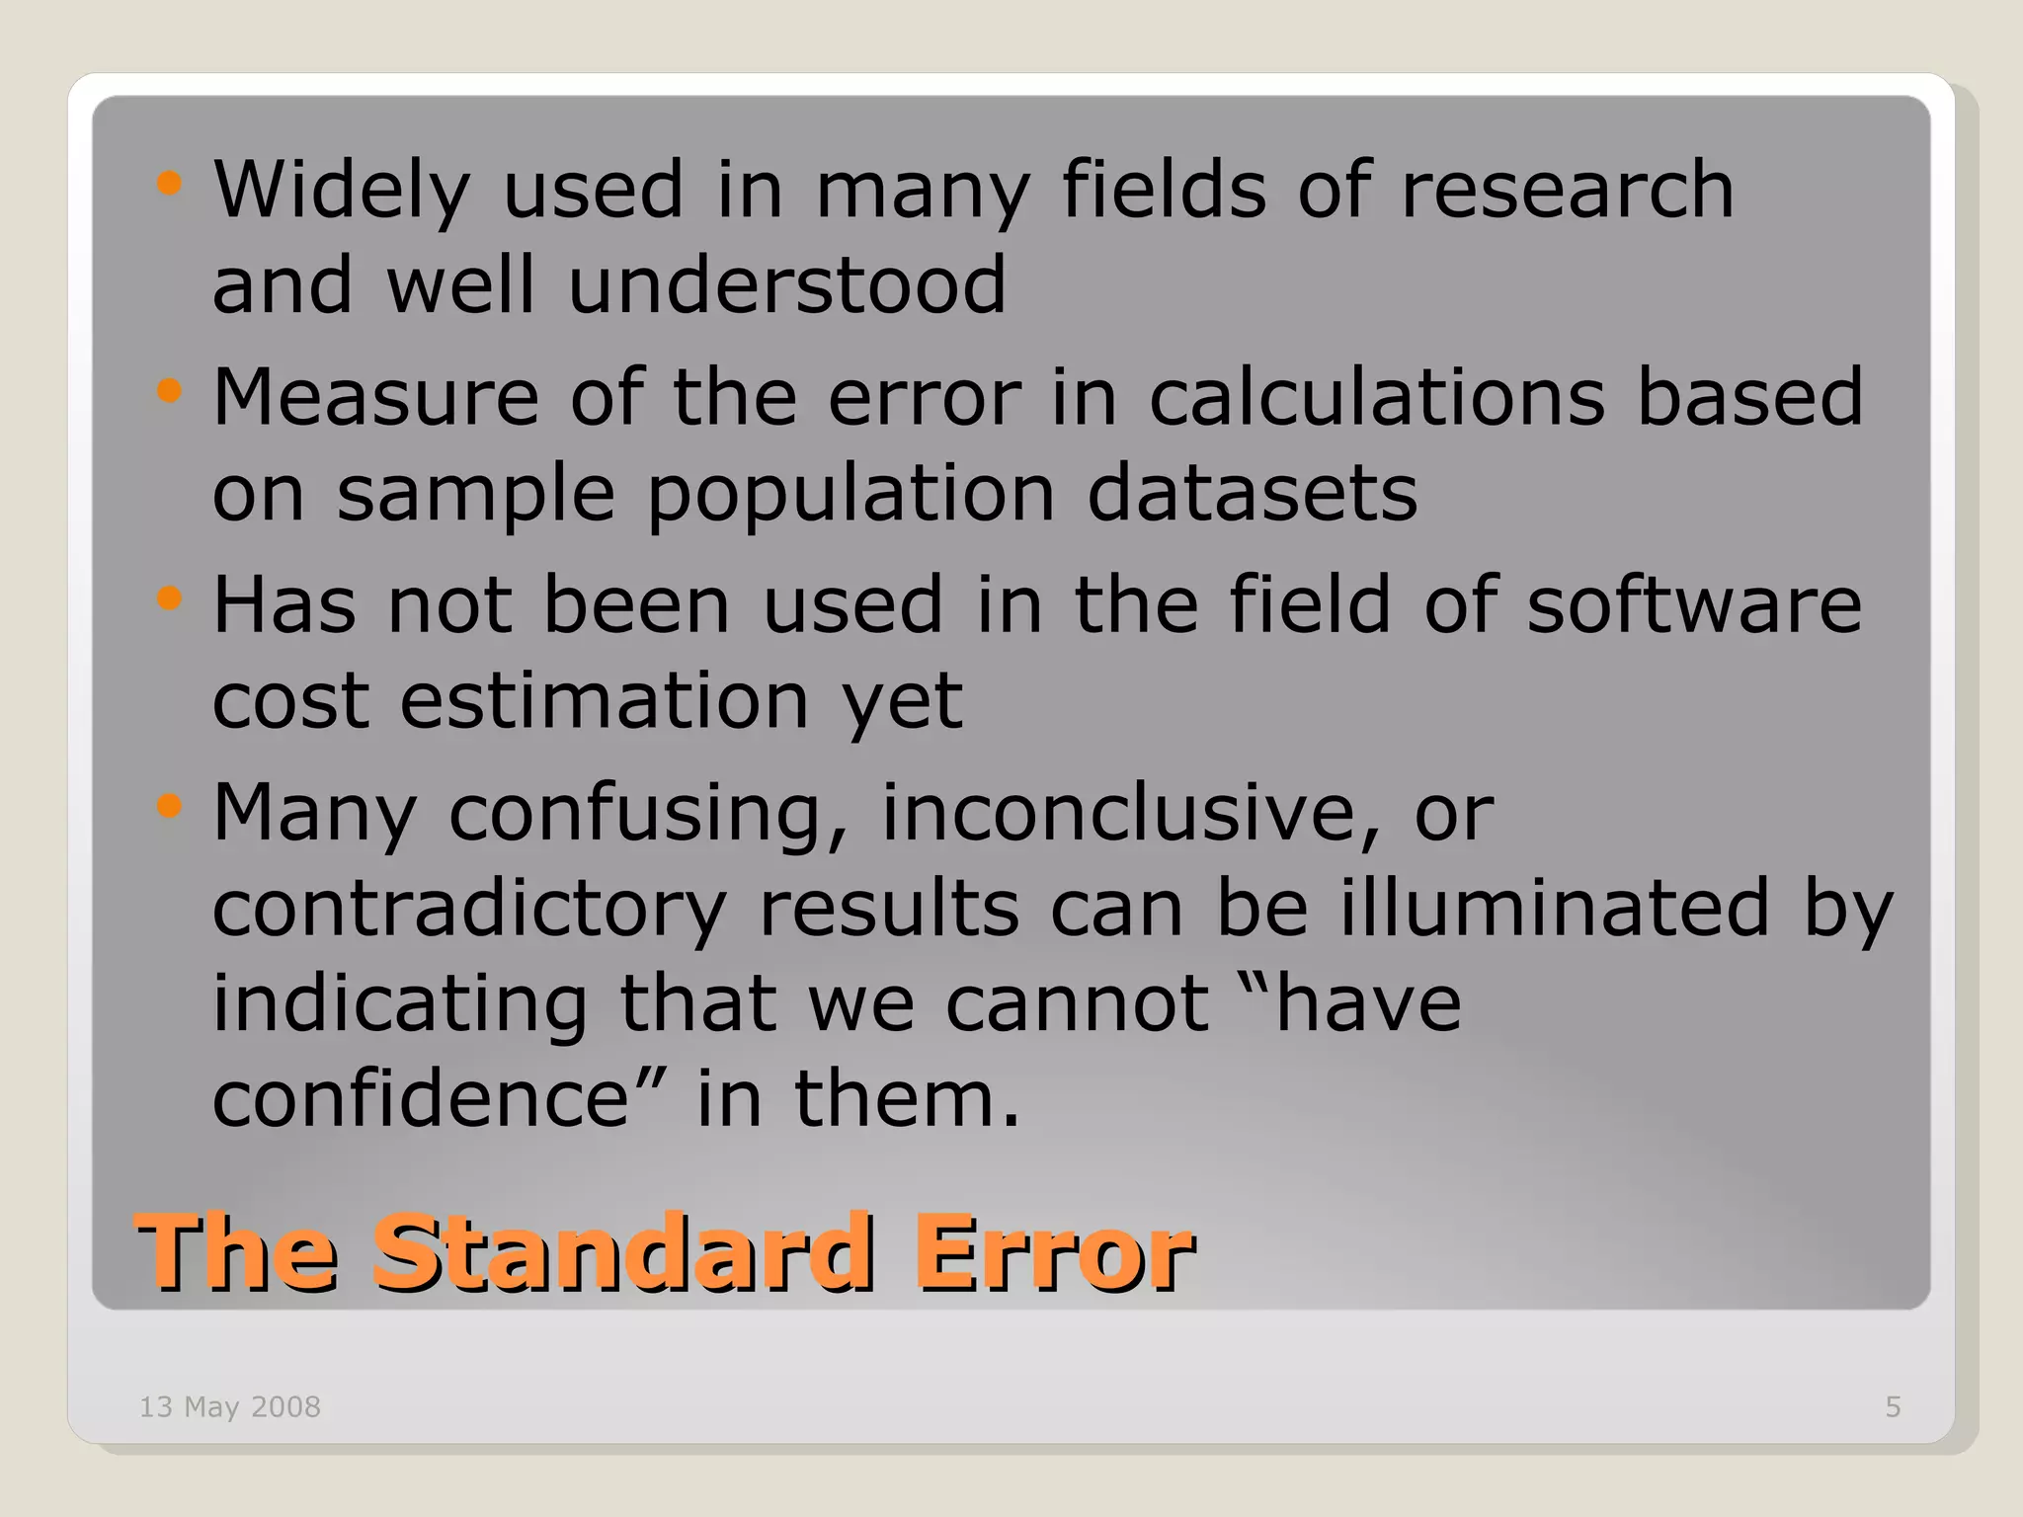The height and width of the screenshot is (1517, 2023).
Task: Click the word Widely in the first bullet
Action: [x=341, y=190]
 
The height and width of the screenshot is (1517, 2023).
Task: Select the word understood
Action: [x=787, y=284]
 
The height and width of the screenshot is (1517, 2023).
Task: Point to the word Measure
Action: [x=375, y=397]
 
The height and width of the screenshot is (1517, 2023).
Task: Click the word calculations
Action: [x=1377, y=397]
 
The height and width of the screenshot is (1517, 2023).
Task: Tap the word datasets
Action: [x=1252, y=492]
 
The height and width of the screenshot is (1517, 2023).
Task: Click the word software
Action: [x=1693, y=604]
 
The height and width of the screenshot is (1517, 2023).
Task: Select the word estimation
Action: [x=605, y=701]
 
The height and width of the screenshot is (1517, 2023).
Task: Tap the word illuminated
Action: [x=1555, y=907]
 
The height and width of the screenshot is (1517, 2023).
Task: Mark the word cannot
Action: [x=1077, y=1003]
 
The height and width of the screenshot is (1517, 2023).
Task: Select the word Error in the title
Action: [x=1054, y=1252]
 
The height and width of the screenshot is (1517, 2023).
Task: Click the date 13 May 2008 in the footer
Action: [x=230, y=1406]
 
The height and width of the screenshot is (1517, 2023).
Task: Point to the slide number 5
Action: [x=1893, y=1406]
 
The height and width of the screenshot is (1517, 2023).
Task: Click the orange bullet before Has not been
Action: [x=170, y=599]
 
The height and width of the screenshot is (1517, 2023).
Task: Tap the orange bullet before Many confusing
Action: [x=170, y=806]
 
